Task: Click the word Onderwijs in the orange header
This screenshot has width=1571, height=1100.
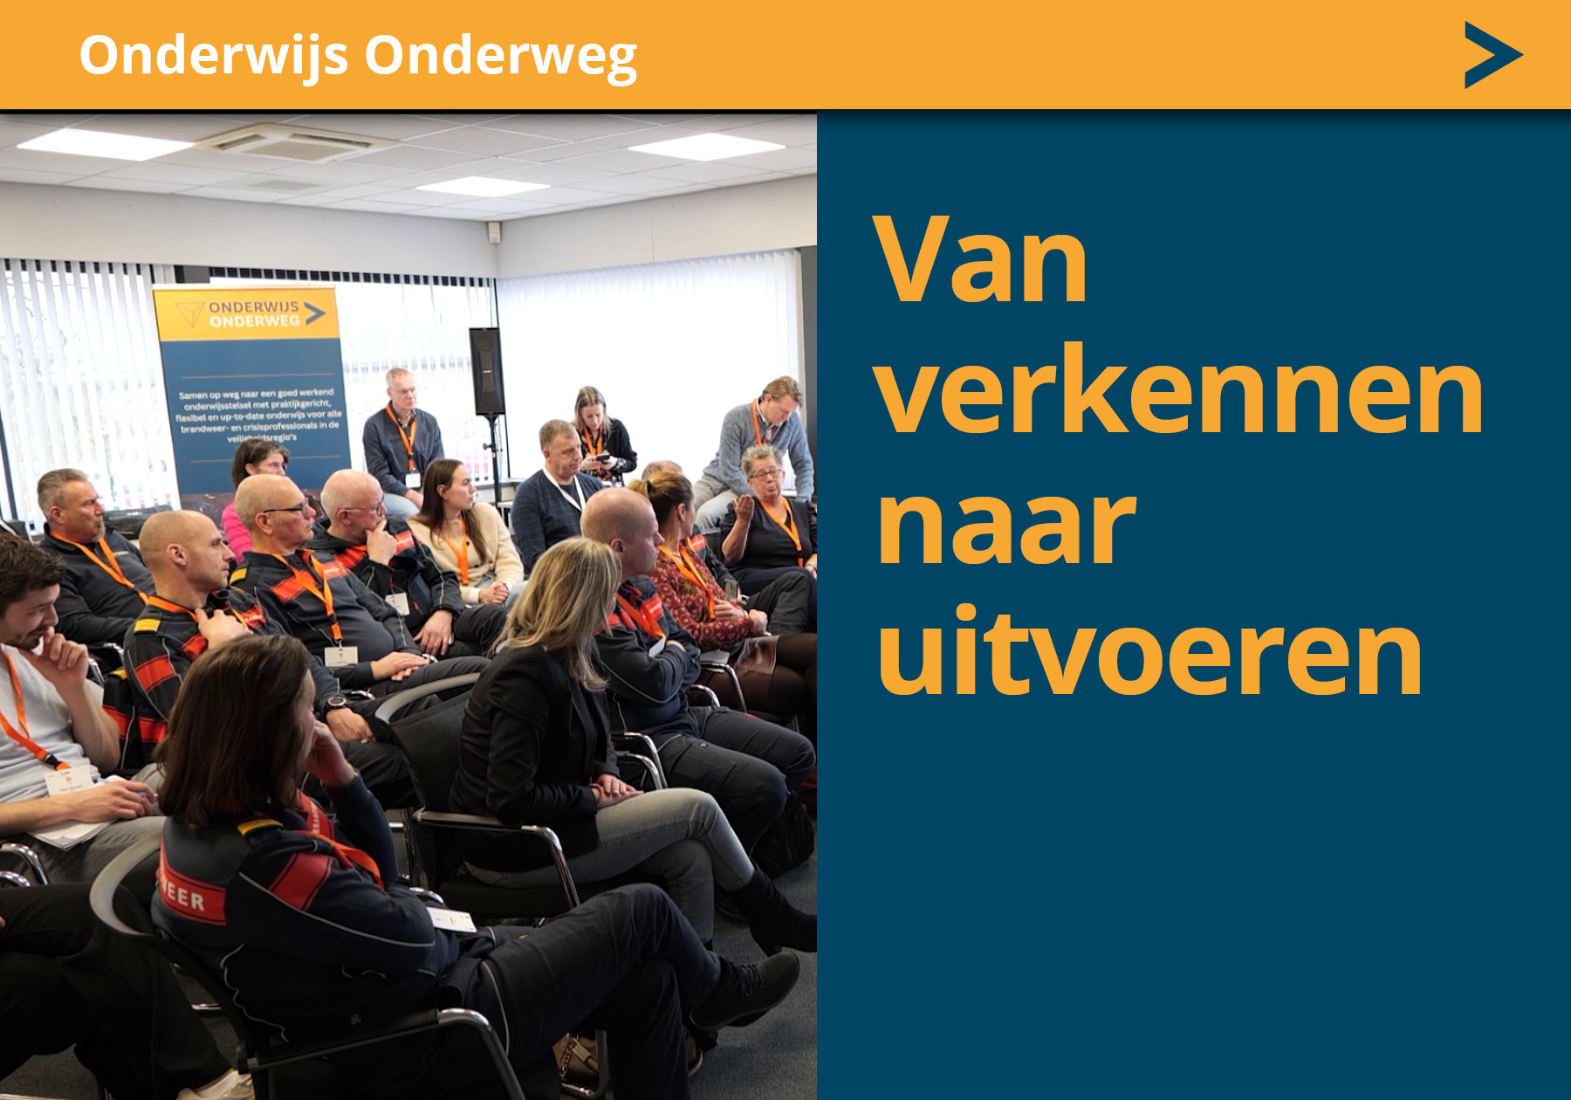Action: pyautogui.click(x=214, y=55)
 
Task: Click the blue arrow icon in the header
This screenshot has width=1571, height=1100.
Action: pyautogui.click(x=1492, y=55)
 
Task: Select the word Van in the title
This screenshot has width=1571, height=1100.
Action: pyautogui.click(x=981, y=261)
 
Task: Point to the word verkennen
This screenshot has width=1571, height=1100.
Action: pyautogui.click(x=1179, y=392)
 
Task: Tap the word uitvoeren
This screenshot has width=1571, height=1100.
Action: pyautogui.click(x=1149, y=654)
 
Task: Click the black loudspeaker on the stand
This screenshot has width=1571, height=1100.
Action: pyautogui.click(x=486, y=370)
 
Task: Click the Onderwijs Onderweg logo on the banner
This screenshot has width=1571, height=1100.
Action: pyautogui.click(x=252, y=313)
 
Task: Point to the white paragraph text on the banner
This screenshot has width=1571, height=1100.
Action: pyautogui.click(x=258, y=415)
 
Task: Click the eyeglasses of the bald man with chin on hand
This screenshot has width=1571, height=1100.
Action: pyautogui.click(x=367, y=508)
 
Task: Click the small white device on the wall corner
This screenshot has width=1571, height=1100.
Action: pyautogui.click(x=494, y=231)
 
